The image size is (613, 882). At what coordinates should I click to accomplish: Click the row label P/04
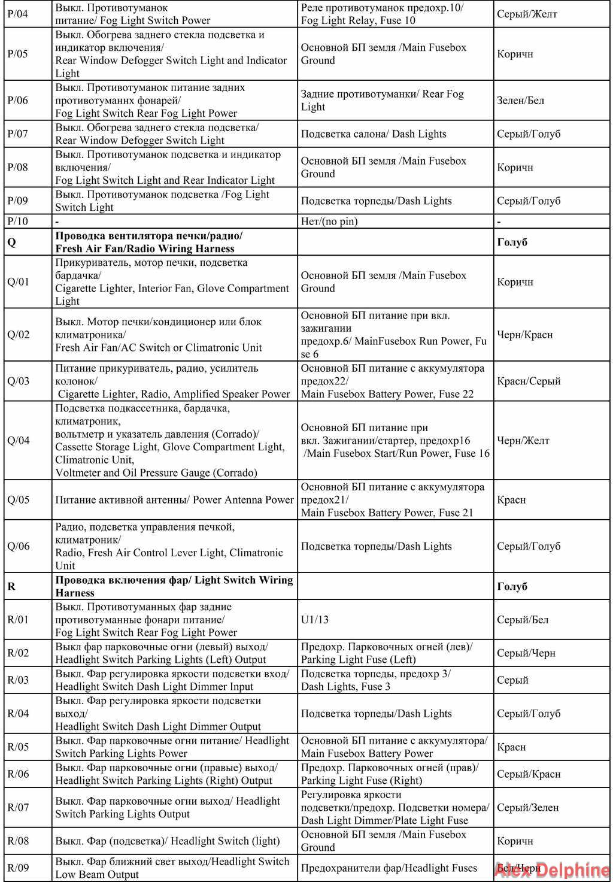pyautogui.click(x=17, y=14)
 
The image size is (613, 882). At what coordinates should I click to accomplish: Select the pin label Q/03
pyautogui.click(x=18, y=381)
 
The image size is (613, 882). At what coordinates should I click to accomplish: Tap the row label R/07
pyautogui.click(x=18, y=807)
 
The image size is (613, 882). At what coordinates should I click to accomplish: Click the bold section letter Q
pyautogui.click(x=11, y=242)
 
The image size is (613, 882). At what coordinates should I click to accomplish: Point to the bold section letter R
pyautogui.click(x=11, y=586)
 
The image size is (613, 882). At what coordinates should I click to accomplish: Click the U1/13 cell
pyautogui.click(x=315, y=620)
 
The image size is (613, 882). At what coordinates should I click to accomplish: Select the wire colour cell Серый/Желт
pyautogui.click(x=527, y=14)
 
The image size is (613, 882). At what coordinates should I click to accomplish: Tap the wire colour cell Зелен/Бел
pyautogui.click(x=520, y=100)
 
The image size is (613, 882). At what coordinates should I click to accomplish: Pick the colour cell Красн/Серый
pyautogui.click(x=529, y=381)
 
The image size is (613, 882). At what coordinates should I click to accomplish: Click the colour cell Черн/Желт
pyautogui.click(x=523, y=441)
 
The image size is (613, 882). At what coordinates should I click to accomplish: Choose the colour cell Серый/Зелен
pyautogui.click(x=528, y=807)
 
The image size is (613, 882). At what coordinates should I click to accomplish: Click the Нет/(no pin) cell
pyautogui.click(x=329, y=222)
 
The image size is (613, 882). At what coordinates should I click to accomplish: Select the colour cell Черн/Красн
pyautogui.click(x=524, y=335)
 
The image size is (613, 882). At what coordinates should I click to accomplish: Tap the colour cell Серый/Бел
pyautogui.click(x=523, y=620)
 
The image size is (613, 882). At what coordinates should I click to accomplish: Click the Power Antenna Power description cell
pyautogui.click(x=174, y=500)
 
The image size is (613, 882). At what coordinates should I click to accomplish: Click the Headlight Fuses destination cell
pyautogui.click(x=389, y=868)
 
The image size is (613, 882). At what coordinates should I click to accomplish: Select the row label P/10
pyautogui.click(x=17, y=222)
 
